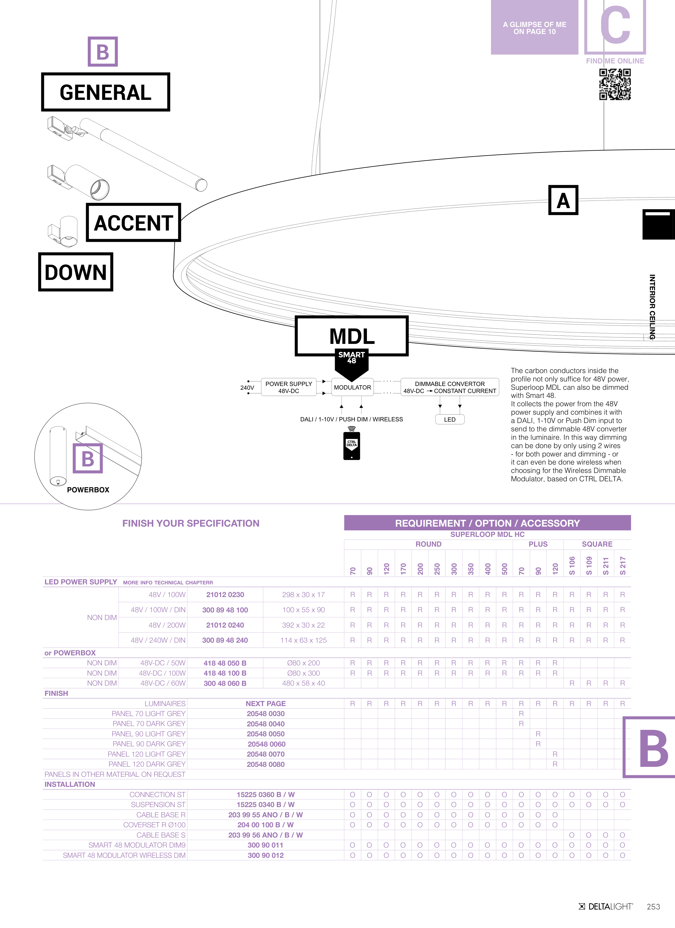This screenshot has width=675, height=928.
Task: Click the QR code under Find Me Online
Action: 615,84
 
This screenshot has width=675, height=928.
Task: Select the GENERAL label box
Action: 106,92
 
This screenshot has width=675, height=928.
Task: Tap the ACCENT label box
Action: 133,223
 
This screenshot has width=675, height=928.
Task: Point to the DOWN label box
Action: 76,272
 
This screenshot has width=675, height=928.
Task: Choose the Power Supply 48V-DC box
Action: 289,387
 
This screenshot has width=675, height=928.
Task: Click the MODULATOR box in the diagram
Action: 352,387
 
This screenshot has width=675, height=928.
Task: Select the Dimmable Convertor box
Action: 450,387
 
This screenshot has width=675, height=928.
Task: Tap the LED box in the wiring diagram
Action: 450,419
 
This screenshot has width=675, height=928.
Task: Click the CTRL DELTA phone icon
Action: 352,446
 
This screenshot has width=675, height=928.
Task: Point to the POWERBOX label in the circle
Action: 88,490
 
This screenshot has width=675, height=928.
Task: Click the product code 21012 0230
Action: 225,595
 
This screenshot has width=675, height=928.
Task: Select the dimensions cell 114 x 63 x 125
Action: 303,640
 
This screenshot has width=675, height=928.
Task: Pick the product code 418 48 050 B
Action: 225,663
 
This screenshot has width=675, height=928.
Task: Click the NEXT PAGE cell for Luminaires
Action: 266,703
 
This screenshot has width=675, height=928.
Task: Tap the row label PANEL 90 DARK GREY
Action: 149,744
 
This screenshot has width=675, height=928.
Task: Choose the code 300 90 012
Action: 266,855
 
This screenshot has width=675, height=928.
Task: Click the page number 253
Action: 653,907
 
